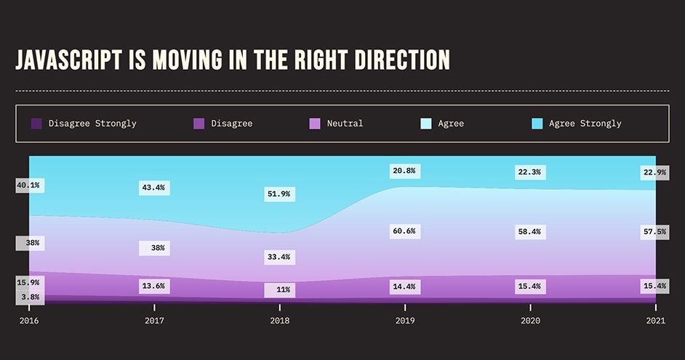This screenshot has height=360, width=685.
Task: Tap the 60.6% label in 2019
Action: pyautogui.click(x=404, y=231)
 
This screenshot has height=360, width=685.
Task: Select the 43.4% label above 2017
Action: pyautogui.click(x=154, y=188)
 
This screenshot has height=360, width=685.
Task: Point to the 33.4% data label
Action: pyautogui.click(x=279, y=257)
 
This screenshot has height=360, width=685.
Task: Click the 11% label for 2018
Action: pyautogui.click(x=283, y=289)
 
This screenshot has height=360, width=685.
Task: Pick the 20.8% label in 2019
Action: pyautogui.click(x=404, y=171)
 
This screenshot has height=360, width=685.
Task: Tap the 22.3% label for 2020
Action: pyautogui.click(x=529, y=172)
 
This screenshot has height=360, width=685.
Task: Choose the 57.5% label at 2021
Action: pyautogui.click(x=654, y=231)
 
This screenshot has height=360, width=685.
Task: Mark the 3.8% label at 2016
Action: pyautogui.click(x=28, y=296)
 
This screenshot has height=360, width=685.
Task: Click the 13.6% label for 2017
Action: pyautogui.click(x=154, y=287)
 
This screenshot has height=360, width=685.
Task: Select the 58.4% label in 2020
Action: pyautogui.click(x=529, y=231)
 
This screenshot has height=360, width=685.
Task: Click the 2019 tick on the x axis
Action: pyautogui.click(x=404, y=319)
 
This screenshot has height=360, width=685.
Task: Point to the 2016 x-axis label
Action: pyautogui.click(x=29, y=319)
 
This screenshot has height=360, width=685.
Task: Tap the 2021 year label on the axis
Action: pyautogui.click(x=655, y=319)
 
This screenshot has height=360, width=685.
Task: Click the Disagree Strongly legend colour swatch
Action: pyautogui.click(x=36, y=124)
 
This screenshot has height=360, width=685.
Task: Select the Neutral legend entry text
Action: pyautogui.click(x=345, y=124)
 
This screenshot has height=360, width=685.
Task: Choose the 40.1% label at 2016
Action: pyautogui.click(x=28, y=185)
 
